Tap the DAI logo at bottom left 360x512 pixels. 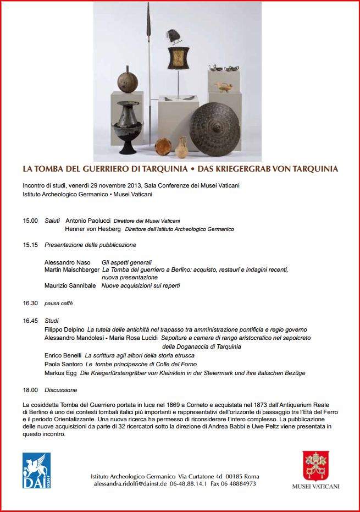[36, 470]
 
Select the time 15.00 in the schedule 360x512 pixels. [30, 221]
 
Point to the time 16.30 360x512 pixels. [30, 303]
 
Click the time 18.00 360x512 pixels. [30, 390]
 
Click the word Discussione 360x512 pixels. [61, 390]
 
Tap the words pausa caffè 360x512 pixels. [58, 303]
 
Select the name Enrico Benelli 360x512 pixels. [63, 355]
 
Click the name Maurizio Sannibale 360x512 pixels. [70, 285]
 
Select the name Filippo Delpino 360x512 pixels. [64, 329]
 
